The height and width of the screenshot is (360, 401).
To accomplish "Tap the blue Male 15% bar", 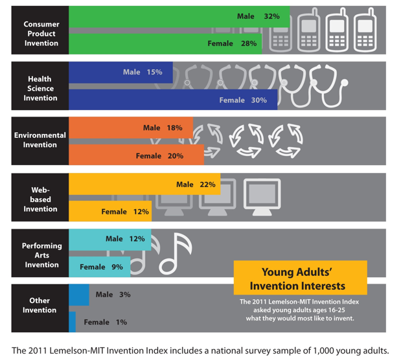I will [120, 73].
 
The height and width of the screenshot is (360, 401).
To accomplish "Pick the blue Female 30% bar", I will [173, 100].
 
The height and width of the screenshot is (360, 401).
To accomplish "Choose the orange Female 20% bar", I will [136, 155].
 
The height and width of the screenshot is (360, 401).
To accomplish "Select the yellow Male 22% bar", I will [144, 185].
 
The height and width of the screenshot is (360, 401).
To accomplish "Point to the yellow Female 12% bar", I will [110, 212].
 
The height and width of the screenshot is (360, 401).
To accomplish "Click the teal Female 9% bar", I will [99, 266].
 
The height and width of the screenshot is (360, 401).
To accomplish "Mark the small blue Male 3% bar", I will [79, 295].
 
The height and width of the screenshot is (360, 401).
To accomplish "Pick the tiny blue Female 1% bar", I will [73, 322].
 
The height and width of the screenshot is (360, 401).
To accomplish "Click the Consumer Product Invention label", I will [40, 34].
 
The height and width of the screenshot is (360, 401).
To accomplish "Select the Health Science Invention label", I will [40, 89].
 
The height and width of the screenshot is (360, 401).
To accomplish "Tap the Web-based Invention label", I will [40, 199].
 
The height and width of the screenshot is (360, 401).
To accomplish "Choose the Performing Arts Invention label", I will [41, 255].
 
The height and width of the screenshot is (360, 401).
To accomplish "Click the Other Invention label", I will [40, 306].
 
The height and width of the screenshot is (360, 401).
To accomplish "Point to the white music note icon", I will [176, 252].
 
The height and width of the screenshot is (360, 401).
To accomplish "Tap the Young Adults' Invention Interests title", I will [300, 278].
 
